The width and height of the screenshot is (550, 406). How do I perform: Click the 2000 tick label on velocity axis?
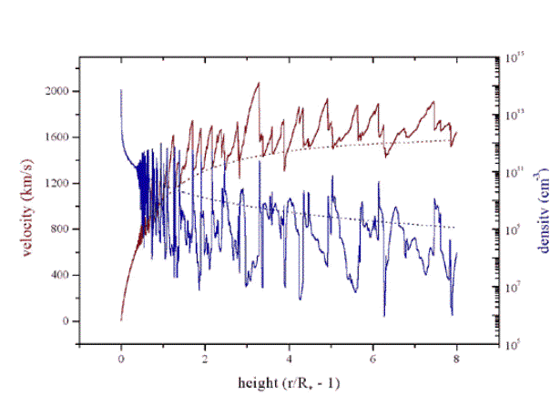[x=56, y=91]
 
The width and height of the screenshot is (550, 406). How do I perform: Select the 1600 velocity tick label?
[x=56, y=137]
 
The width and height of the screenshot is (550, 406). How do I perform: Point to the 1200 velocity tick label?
[x=56, y=183]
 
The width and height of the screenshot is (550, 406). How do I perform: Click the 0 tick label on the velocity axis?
[x=66, y=321]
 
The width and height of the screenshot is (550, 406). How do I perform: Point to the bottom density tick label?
[x=515, y=344]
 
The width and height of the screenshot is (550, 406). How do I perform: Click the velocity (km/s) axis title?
[x=30, y=202]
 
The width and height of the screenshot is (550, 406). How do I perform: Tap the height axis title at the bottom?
[x=288, y=380]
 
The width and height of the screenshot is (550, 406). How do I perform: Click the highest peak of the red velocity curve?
[x=259, y=83]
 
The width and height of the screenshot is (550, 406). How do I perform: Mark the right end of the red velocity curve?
[x=456, y=133]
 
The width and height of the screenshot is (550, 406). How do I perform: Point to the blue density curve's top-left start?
[x=121, y=90]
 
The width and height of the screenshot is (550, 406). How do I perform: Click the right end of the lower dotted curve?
[x=456, y=228]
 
